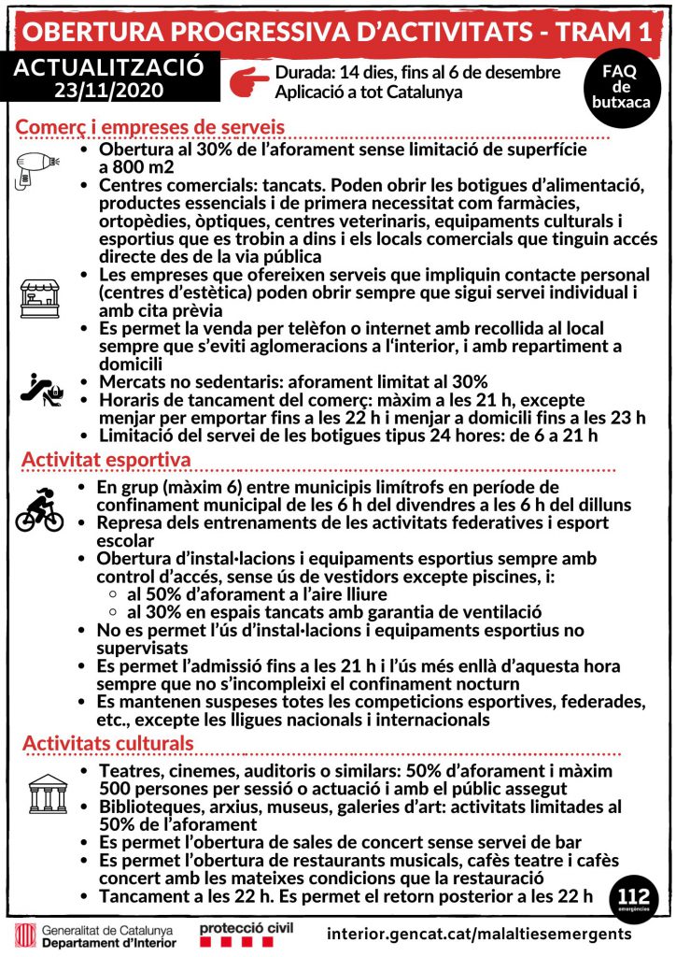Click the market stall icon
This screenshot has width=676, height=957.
coord(38,295)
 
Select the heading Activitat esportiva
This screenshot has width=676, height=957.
coord(106,461)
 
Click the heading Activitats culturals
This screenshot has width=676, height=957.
coord(108,743)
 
